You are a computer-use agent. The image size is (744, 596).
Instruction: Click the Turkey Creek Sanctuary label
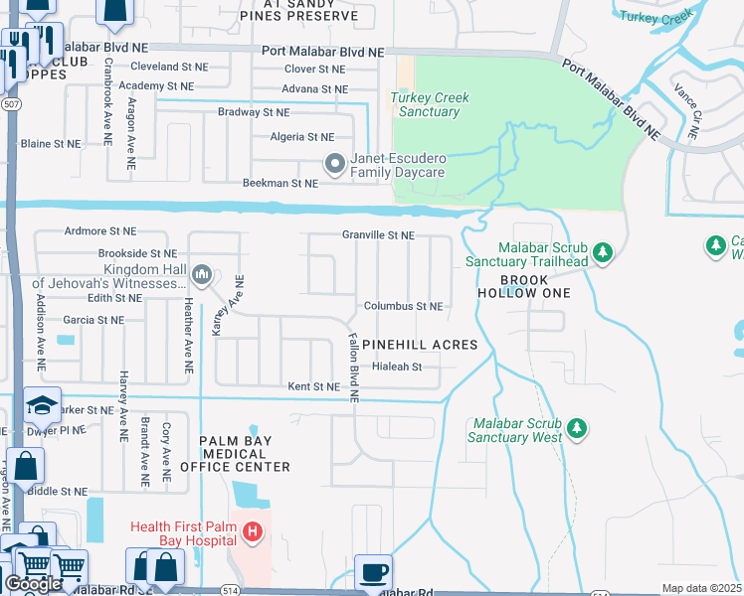click(x=430, y=104)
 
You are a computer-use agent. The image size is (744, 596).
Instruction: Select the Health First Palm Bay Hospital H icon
click(x=253, y=532)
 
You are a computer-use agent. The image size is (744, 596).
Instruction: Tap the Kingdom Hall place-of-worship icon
click(x=202, y=274)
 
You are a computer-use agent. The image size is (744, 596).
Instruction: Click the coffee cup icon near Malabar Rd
click(x=373, y=573)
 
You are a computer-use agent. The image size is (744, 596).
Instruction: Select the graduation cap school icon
click(x=42, y=405)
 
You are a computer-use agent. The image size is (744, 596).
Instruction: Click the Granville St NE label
click(x=378, y=235)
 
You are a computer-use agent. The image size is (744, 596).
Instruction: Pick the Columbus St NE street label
click(x=403, y=307)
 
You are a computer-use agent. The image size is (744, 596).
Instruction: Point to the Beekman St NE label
click(x=280, y=184)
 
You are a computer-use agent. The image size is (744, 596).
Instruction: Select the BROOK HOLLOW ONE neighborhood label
click(x=523, y=286)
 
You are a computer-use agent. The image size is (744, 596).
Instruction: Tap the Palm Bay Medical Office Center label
click(x=244, y=453)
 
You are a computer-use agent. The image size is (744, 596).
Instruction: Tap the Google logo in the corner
click(x=34, y=584)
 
